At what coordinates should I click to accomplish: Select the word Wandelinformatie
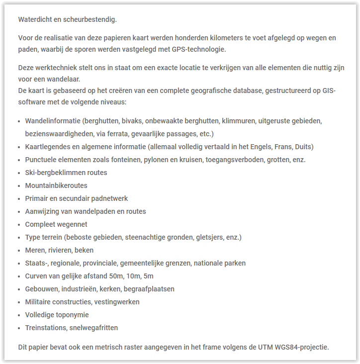pyautogui.click(x=53, y=121)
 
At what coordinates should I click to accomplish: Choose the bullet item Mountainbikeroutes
pyautogui.click(x=56, y=185)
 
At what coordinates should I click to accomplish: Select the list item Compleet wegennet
pyautogui.click(x=56, y=224)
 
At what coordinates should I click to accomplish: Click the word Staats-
pyautogui.click(x=36, y=263)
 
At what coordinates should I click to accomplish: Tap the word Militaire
pyautogui.click(x=39, y=302)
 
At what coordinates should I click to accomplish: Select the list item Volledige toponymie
pyautogui.click(x=57, y=315)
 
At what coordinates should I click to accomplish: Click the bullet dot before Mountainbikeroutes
pyautogui.click(x=19, y=185)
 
